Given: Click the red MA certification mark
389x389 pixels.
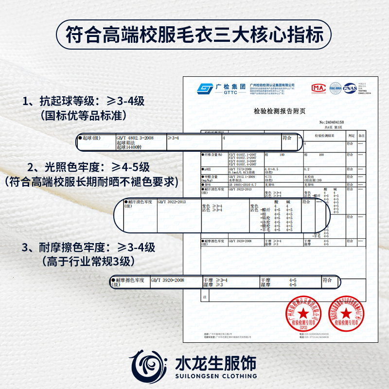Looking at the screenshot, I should coord(318,88).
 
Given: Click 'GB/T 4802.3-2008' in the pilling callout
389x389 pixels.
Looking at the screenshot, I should coord(135,138).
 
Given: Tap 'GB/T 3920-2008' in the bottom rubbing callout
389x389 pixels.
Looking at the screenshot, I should coord(167,281).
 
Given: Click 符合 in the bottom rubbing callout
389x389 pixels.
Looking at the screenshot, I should coord(327,281).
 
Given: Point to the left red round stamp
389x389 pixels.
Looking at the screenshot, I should coord(302,311).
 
